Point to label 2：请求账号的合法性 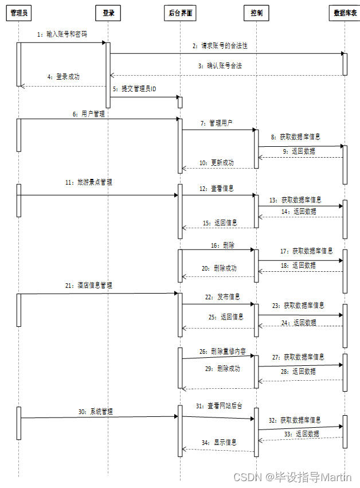point(220,45)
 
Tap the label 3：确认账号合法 point(220,66)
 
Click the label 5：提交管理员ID point(135,89)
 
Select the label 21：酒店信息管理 point(88,285)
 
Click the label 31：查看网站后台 point(218,405)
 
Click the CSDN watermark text point(293,477)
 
